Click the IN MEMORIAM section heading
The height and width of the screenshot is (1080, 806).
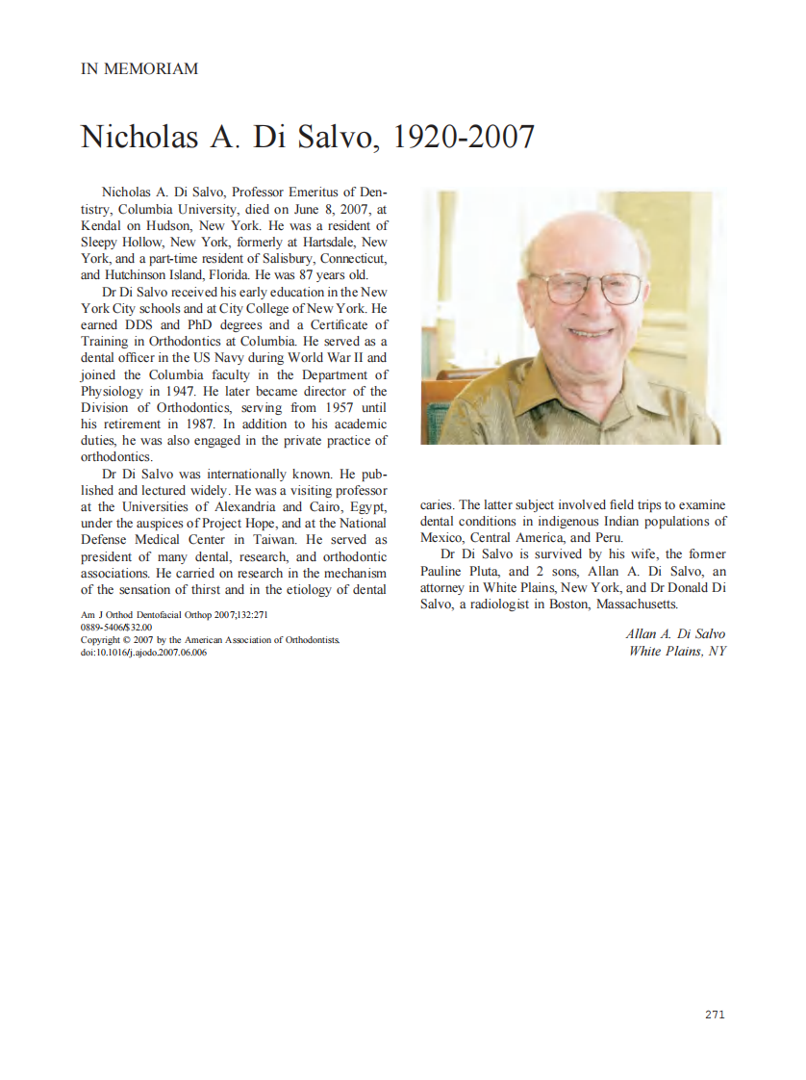point(139,69)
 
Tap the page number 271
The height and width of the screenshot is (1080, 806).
point(715,1015)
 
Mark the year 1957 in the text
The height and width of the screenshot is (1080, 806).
point(330,407)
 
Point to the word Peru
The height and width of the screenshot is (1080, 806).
point(607,538)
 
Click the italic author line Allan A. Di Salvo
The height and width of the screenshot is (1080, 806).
point(675,633)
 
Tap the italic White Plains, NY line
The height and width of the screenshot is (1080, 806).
point(677,651)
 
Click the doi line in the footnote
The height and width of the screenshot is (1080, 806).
point(143,652)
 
